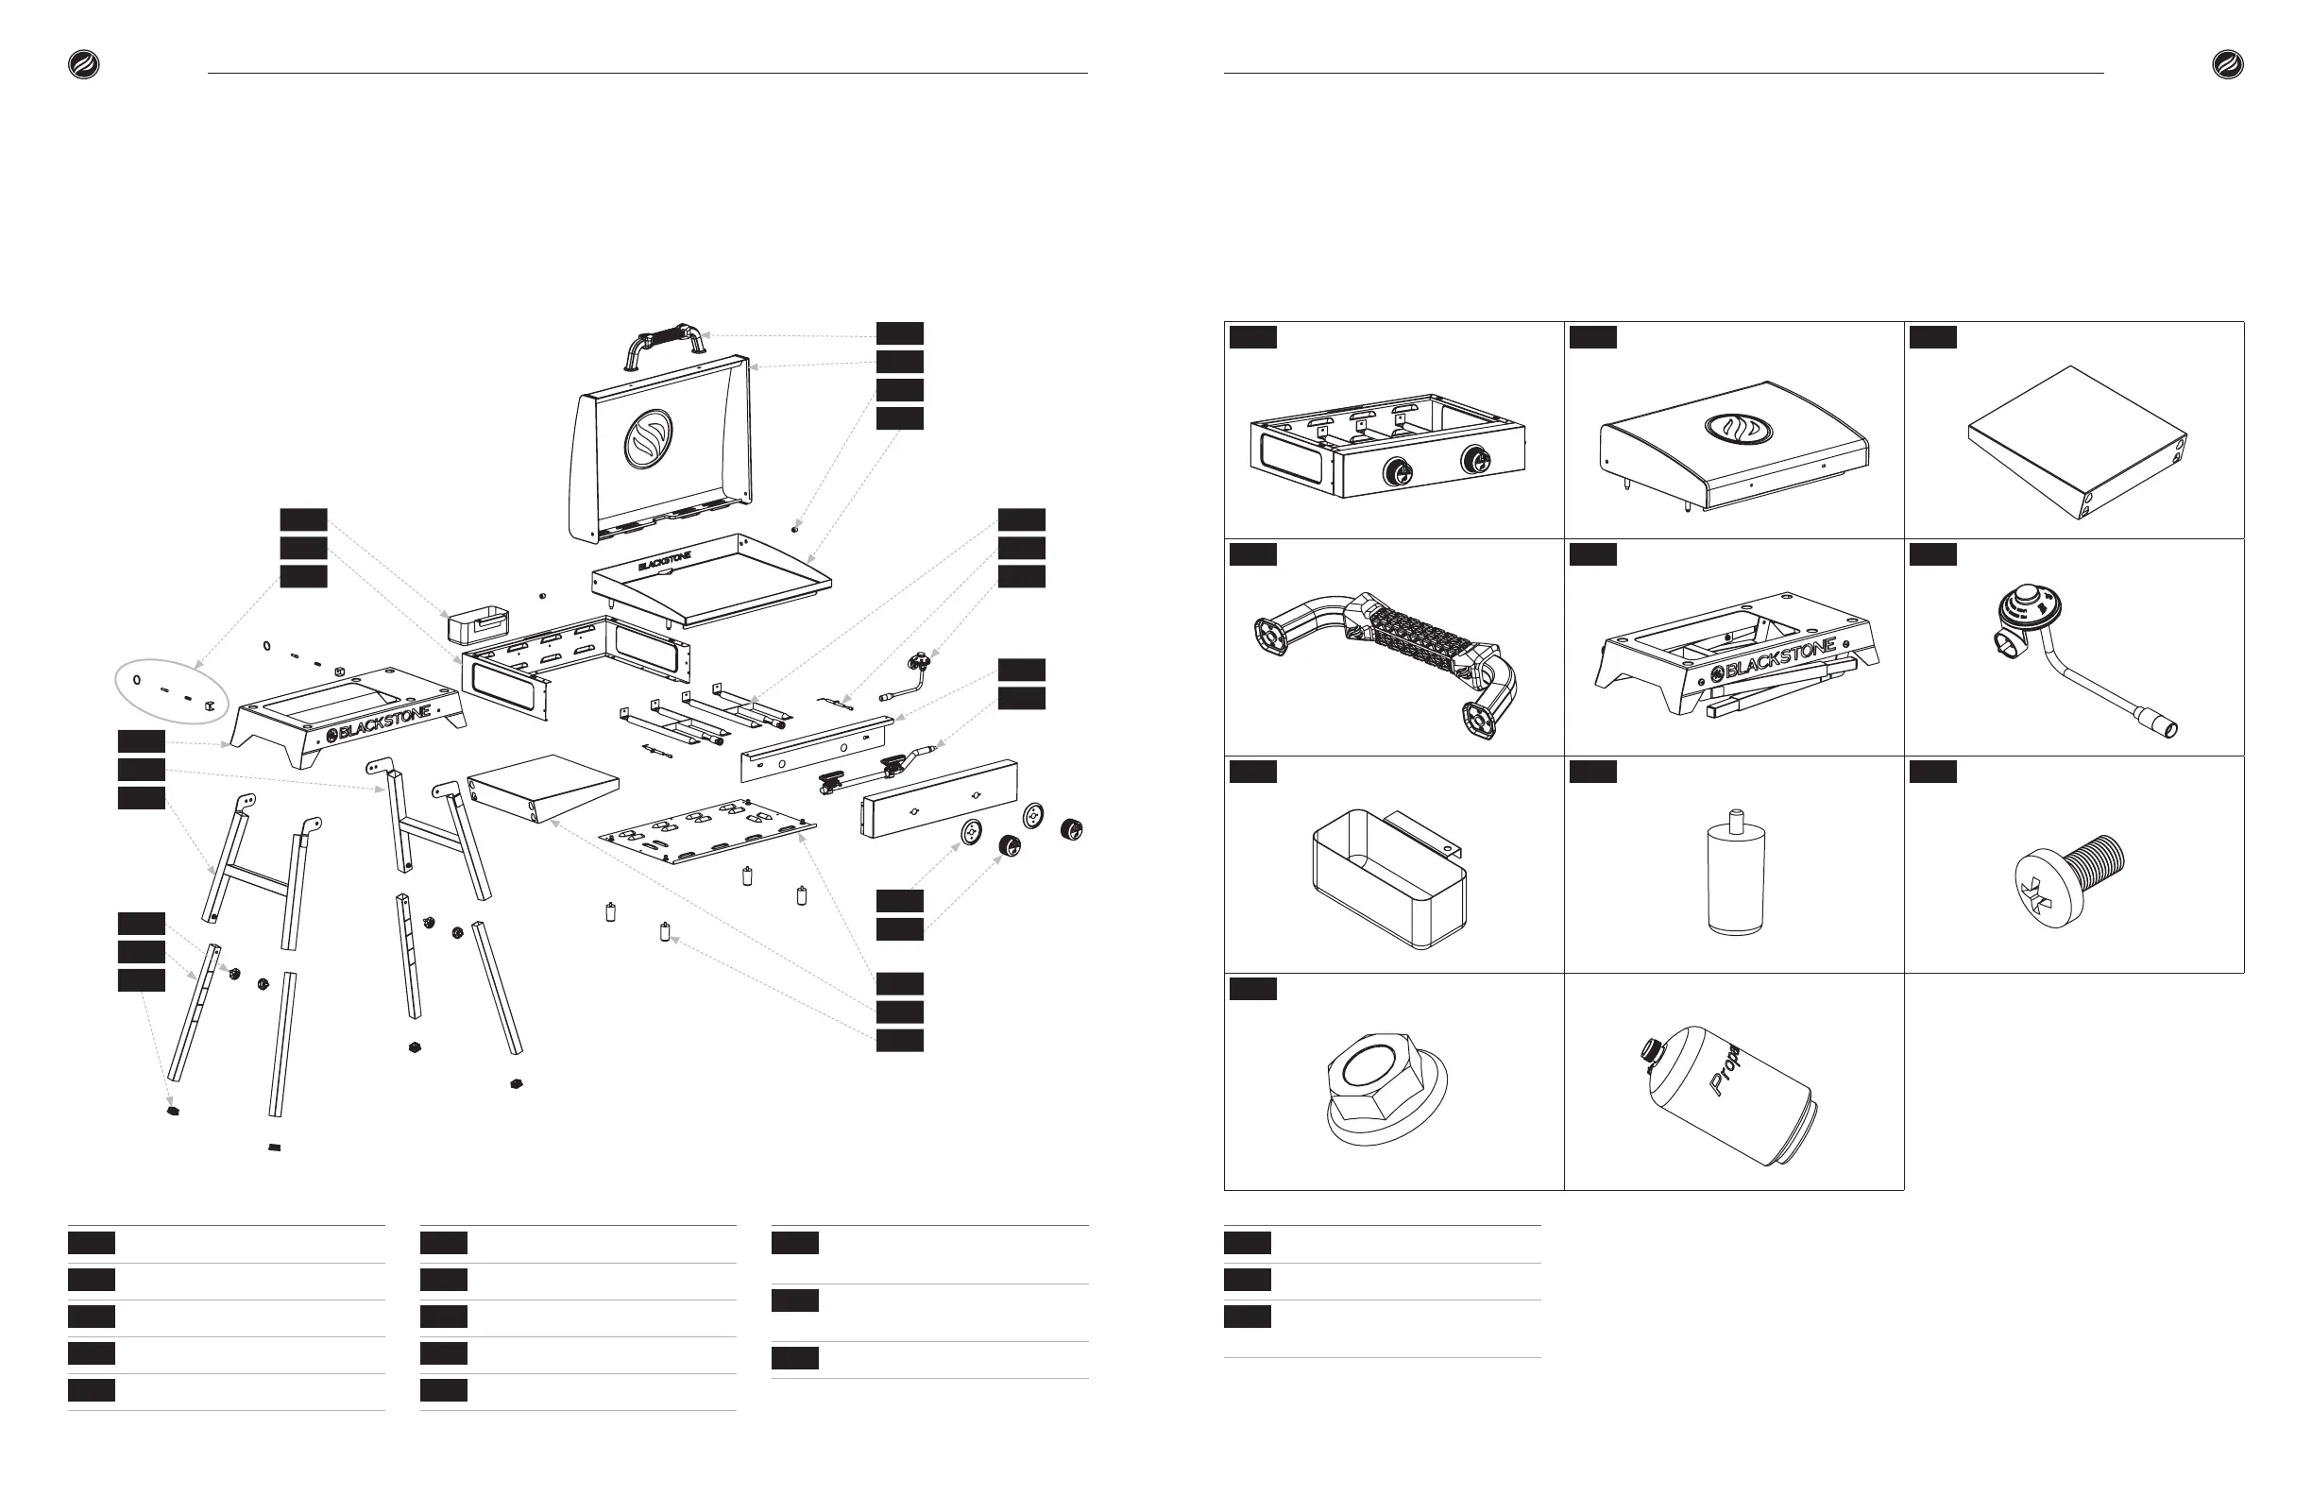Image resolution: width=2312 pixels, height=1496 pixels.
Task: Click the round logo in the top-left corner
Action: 83,65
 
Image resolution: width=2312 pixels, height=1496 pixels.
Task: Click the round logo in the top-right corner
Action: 2228,65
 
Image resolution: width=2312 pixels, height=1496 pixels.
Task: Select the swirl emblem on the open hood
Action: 648,438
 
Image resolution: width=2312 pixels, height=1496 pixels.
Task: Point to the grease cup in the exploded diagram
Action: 477,623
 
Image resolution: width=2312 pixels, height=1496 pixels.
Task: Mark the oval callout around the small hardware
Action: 172,691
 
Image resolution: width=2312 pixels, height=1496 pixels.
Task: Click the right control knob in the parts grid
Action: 1478,461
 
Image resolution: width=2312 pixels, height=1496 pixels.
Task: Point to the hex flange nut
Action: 1386,1088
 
